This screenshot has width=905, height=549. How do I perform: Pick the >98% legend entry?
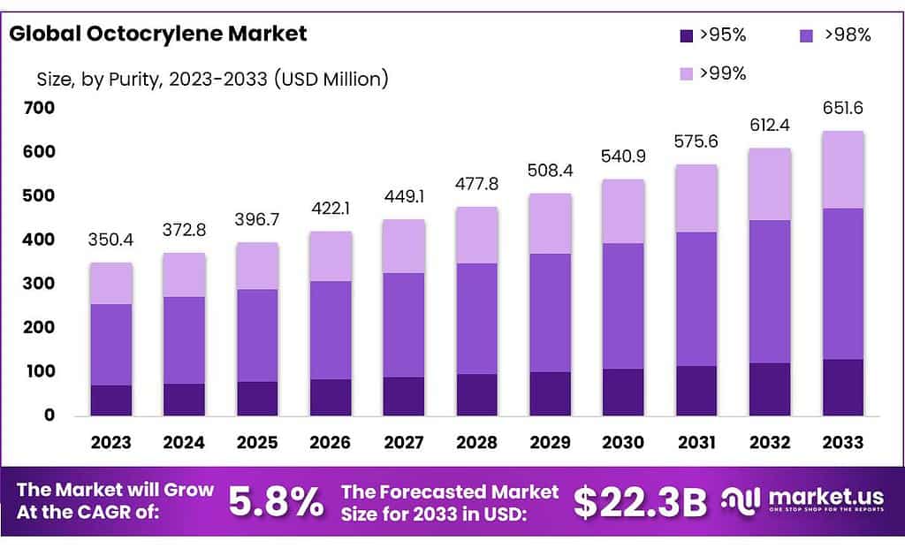pos(835,35)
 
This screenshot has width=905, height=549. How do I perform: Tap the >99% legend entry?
pos(712,73)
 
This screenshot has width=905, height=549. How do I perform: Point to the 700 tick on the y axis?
pos(40,108)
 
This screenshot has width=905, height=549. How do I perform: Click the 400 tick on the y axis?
pos(40,240)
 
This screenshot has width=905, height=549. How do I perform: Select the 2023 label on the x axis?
pos(111,442)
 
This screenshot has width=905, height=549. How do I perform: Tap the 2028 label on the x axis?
pos(476,442)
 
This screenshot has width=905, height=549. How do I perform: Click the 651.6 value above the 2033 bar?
pos(842,109)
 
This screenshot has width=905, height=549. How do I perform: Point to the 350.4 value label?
pos(111,240)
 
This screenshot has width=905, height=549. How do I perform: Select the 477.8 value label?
pos(476,185)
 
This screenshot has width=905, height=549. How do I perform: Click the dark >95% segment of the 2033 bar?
pos(842,387)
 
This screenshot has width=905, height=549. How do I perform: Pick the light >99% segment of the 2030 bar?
pos(623,211)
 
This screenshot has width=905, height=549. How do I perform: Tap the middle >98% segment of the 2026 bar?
pos(331,330)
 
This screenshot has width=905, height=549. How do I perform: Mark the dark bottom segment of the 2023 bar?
pos(111,400)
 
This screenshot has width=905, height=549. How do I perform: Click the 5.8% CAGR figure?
pos(276,502)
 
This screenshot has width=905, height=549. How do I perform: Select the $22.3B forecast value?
pos(640,502)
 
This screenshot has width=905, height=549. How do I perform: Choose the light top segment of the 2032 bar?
pos(769,184)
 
